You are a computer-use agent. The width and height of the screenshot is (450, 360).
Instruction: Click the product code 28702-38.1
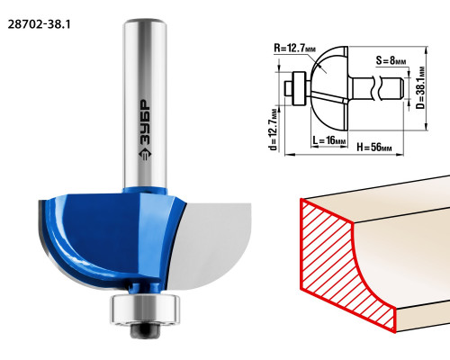(x=40, y=24)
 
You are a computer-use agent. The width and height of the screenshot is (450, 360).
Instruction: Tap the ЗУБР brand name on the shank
(x=146, y=122)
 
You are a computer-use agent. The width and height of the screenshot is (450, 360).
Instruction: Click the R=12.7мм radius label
(x=294, y=48)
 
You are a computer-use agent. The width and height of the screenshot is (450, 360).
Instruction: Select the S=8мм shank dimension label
(x=391, y=61)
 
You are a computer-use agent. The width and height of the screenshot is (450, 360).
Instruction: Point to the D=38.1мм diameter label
(x=421, y=88)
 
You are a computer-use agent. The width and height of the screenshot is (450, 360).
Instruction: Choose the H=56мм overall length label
(x=374, y=148)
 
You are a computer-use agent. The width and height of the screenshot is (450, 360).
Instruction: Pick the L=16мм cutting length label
(x=329, y=140)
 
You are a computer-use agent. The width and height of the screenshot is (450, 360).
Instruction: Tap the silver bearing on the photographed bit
(x=145, y=309)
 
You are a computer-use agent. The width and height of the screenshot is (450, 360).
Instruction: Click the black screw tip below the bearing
(x=145, y=330)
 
